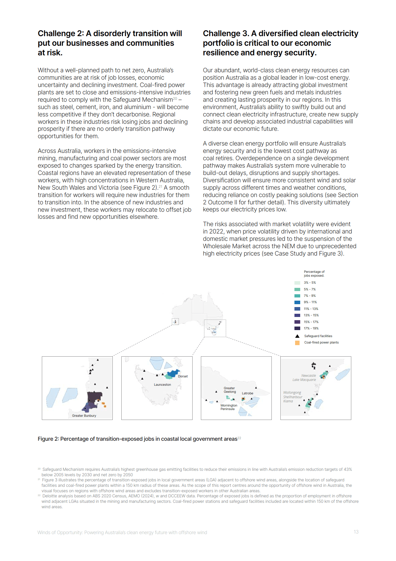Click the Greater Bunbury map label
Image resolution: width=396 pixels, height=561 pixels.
pyautogui.click(x=84, y=415)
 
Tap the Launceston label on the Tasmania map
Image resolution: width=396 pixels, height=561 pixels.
pyautogui.click(x=162, y=384)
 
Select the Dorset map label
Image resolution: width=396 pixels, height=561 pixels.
pyautogui.click(x=183, y=376)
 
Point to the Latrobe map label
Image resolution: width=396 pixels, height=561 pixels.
pyautogui.click(x=247, y=393)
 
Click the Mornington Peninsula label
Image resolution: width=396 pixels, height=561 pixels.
pyautogui.click(x=229, y=407)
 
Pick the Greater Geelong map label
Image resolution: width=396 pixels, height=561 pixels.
pyautogui.click(x=230, y=390)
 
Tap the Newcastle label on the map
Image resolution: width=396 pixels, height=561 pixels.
pyautogui.click(x=308, y=375)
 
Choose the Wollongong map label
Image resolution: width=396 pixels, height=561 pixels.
pyautogui.click(x=292, y=392)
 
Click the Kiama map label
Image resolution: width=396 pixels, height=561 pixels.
pyautogui.click(x=288, y=401)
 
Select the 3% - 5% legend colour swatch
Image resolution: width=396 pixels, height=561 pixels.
pyautogui.click(x=297, y=283)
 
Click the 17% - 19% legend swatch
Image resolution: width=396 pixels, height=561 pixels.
pyautogui.click(x=297, y=328)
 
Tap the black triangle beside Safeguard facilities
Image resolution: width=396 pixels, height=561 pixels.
pyautogui.click(x=297, y=336)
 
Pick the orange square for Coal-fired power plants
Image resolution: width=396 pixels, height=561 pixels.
pyautogui.click(x=297, y=343)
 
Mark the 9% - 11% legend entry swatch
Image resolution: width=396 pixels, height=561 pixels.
pyautogui.click(x=297, y=302)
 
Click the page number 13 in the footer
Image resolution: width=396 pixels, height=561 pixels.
pyautogui.click(x=356, y=532)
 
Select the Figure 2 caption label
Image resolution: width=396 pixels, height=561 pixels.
pyautogui.click(x=48, y=439)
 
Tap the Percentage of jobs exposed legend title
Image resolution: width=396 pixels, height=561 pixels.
pyautogui.click(x=314, y=273)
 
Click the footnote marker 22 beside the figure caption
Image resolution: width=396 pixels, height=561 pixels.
pyautogui.click(x=239, y=438)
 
